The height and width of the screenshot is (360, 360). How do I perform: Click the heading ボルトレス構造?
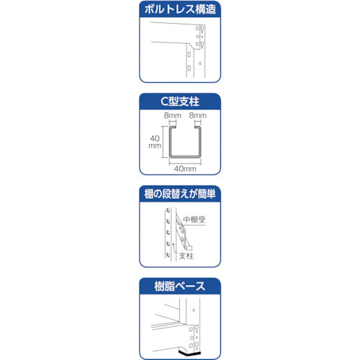180,11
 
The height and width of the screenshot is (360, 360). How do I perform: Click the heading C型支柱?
180,103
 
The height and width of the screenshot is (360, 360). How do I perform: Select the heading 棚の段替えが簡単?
180,194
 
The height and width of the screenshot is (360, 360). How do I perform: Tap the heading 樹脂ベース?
180,287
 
